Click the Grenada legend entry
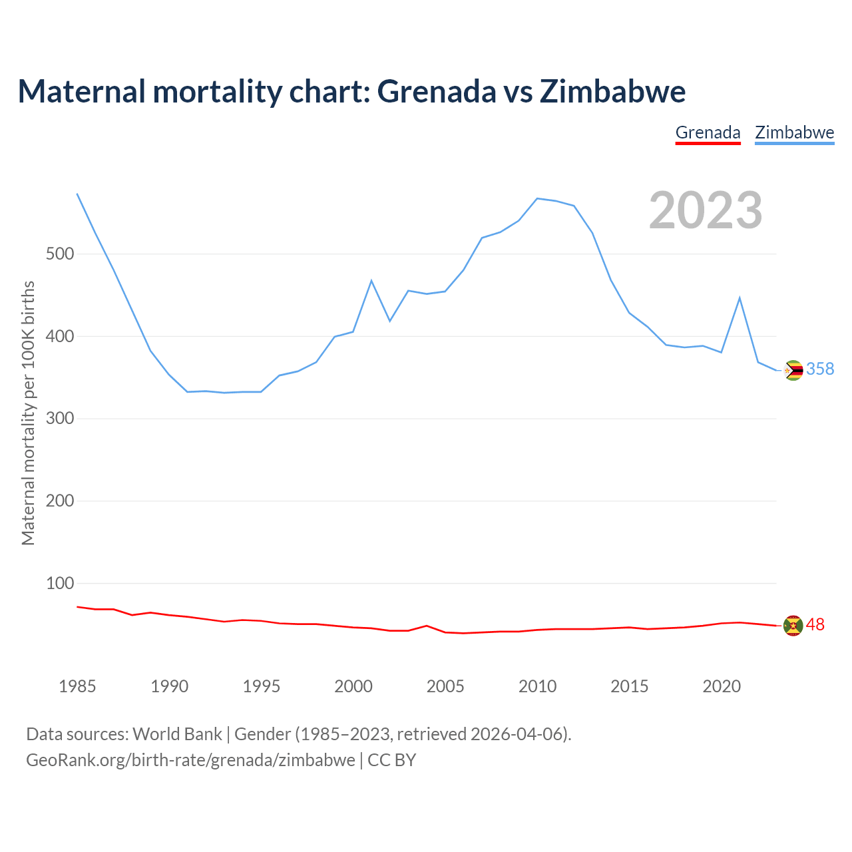click(708, 132)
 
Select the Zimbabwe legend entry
click(794, 132)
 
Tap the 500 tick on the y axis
click(59, 254)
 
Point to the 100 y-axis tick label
click(59, 584)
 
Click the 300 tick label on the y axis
click(59, 419)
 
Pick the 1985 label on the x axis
click(77, 686)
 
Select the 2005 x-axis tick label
click(445, 686)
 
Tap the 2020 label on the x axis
click(722, 686)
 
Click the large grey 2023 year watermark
click(706, 210)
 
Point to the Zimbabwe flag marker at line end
click(793, 370)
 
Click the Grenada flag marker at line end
click(793, 626)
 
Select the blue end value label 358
click(820, 369)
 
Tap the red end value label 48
click(815, 625)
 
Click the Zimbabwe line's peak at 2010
click(537, 198)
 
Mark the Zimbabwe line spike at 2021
click(740, 298)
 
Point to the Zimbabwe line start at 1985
click(77, 194)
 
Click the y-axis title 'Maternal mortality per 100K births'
click(28, 413)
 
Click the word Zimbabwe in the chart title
click(612, 92)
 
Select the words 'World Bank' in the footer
click(177, 734)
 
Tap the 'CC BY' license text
click(392, 760)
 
